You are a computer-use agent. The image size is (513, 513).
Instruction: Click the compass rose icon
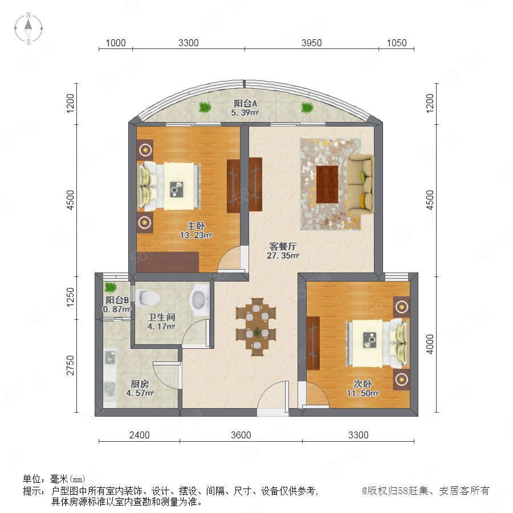(28, 28)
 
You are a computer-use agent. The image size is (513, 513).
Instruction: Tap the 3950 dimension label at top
(311, 43)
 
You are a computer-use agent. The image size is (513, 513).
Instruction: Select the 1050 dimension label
(397, 43)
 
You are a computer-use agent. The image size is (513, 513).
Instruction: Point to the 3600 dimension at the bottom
(241, 435)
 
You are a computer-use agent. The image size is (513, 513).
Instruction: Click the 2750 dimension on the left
(70, 365)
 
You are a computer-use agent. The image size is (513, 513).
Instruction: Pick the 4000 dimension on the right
(430, 344)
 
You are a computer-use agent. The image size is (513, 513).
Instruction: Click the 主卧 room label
(196, 226)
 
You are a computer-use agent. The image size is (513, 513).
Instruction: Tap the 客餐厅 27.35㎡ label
(283, 251)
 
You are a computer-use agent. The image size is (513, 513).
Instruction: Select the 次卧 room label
(363, 384)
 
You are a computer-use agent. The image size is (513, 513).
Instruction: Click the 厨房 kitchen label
(140, 384)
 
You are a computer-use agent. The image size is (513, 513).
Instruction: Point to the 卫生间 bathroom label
(161, 317)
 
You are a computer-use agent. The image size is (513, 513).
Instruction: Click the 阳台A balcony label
(245, 103)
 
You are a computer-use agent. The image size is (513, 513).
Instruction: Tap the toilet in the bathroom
(149, 298)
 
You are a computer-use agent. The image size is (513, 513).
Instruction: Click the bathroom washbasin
(199, 299)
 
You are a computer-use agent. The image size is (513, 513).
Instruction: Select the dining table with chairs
(256, 327)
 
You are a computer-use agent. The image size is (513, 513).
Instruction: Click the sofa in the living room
(360, 184)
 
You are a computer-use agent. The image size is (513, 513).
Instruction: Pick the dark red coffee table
(327, 184)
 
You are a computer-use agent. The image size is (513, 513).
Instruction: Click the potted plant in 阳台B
(110, 287)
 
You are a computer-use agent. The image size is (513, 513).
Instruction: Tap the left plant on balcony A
(205, 107)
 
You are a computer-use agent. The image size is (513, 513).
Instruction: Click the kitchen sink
(110, 357)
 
